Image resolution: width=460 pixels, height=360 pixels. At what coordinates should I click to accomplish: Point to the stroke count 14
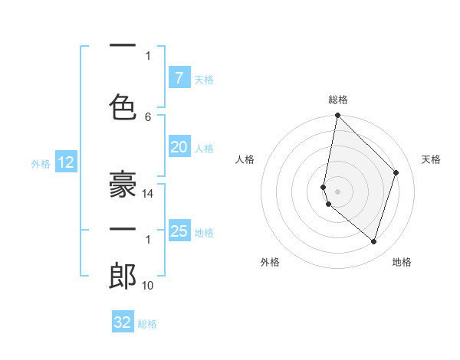pyautogui.click(x=149, y=194)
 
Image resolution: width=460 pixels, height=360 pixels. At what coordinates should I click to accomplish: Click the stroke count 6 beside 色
pyautogui.click(x=148, y=116)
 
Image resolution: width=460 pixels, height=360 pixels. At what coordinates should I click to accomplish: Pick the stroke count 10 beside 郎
pyautogui.click(x=148, y=286)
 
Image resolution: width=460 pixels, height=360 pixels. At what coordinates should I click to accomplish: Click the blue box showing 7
pyautogui.click(x=179, y=78)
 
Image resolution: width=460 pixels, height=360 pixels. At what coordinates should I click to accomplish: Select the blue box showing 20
pyautogui.click(x=179, y=147)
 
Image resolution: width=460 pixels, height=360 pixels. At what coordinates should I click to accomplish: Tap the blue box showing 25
pyautogui.click(x=179, y=231)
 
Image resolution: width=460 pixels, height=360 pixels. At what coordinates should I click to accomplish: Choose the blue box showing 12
pyautogui.click(x=65, y=162)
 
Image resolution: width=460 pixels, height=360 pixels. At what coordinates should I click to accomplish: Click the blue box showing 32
pyautogui.click(x=123, y=322)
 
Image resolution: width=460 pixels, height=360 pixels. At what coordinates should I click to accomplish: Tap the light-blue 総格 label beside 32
pyautogui.click(x=147, y=324)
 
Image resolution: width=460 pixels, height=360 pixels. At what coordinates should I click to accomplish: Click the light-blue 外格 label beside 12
pyautogui.click(x=41, y=163)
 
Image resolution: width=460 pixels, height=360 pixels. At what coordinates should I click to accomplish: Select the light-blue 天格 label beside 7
pyautogui.click(x=203, y=79)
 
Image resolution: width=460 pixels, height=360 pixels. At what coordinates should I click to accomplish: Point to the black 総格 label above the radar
pyautogui.click(x=338, y=100)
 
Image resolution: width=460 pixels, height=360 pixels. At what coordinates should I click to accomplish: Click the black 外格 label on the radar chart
pyautogui.click(x=270, y=262)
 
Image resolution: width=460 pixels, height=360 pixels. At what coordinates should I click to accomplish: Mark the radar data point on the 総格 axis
pyautogui.click(x=338, y=116)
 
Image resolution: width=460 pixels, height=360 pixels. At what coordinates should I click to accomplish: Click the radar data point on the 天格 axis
pyautogui.click(x=396, y=172)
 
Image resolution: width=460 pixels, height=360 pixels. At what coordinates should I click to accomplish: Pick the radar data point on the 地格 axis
pyautogui.click(x=373, y=241)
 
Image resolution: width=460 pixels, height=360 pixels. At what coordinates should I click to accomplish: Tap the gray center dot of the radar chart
pyautogui.click(x=338, y=191)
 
